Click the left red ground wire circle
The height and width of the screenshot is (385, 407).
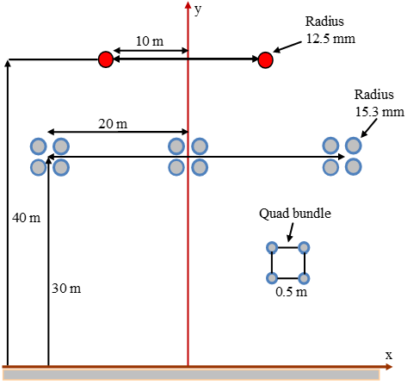coord(106,59)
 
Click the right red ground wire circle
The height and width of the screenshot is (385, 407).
coord(265,60)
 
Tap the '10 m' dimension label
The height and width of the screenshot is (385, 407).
coord(150,41)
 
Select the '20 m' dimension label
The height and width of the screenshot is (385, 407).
coord(113,124)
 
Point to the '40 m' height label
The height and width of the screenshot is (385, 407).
coord(26,218)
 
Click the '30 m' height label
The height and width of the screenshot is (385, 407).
coord(66,289)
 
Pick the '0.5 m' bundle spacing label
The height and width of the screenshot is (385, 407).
coord(291,292)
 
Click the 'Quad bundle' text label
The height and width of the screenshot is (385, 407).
coord(295,214)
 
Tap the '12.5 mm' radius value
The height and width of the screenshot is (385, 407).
coord(330,39)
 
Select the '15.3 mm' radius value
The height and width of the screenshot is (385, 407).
coord(379,112)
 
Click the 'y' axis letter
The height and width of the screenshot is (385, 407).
coord(198,10)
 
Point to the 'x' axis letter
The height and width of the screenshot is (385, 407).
coord(389,356)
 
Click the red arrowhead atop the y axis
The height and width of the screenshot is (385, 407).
coord(188,5)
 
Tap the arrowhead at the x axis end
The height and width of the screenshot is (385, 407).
coord(389,367)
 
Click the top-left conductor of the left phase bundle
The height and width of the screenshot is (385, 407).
coord(39,146)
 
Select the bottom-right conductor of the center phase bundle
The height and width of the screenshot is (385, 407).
coord(200,167)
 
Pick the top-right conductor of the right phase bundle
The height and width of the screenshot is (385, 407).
coord(354,146)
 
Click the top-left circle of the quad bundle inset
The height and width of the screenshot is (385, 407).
coord(272,247)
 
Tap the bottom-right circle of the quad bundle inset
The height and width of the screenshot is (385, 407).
coord(304,278)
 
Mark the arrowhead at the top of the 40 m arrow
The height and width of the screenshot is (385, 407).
coord(8,63)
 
